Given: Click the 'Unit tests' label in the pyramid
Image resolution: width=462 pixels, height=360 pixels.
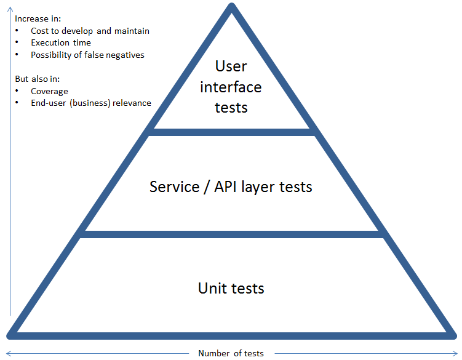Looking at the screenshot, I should click(231, 288).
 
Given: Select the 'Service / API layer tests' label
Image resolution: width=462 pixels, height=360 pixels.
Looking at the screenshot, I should click(231, 186).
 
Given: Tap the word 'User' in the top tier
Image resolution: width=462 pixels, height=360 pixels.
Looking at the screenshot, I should click(231, 66).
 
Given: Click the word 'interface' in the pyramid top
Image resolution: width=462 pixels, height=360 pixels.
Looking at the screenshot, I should click(231, 87).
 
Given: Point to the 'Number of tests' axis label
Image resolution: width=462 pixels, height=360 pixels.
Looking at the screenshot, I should click(231, 353).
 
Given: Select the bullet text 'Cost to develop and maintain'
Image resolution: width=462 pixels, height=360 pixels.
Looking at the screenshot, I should click(90, 31).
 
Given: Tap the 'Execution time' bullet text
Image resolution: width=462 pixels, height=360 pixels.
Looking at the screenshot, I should click(61, 43).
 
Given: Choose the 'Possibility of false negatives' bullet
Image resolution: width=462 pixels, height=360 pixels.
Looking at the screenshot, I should click(87, 55).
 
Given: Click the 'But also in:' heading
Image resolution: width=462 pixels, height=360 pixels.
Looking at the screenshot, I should click(37, 79).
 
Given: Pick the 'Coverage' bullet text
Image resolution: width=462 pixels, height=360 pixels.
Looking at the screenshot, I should click(49, 91).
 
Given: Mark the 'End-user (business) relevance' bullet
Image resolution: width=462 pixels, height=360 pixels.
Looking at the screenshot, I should click(90, 103).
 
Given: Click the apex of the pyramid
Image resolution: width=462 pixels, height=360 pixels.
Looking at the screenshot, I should click(231, 7).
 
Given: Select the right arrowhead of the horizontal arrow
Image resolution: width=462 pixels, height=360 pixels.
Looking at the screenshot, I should click(455, 353).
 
